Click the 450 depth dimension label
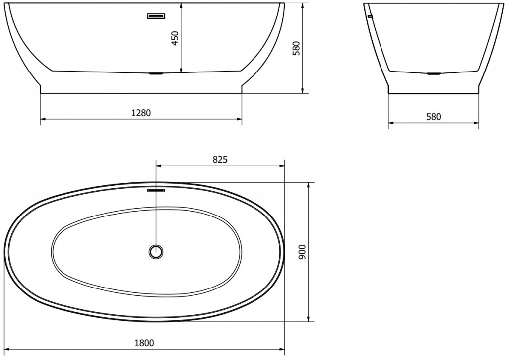(x=174, y=38)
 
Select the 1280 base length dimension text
(x=141, y=113)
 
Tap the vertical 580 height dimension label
(x=296, y=48)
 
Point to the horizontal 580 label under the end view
(x=433, y=117)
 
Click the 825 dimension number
(x=220, y=159)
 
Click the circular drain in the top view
(x=156, y=251)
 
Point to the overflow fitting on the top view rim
(x=156, y=189)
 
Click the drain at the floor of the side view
(x=156, y=73)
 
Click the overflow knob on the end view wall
(x=369, y=16)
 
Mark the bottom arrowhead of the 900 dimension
(x=309, y=319)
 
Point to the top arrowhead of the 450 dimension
(x=181, y=5)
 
